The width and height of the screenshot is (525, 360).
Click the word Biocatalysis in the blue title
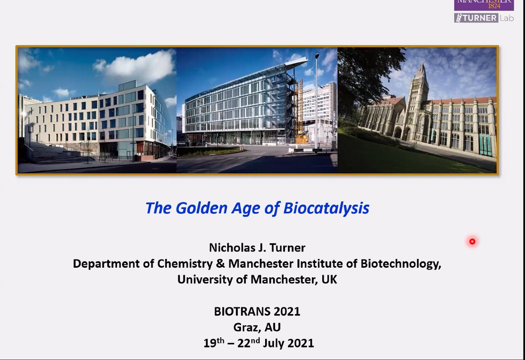point(326,208)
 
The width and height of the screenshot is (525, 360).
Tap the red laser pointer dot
point(472,241)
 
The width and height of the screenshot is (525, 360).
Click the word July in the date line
point(274,343)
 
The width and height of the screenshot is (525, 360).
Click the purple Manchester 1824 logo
point(483,5)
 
